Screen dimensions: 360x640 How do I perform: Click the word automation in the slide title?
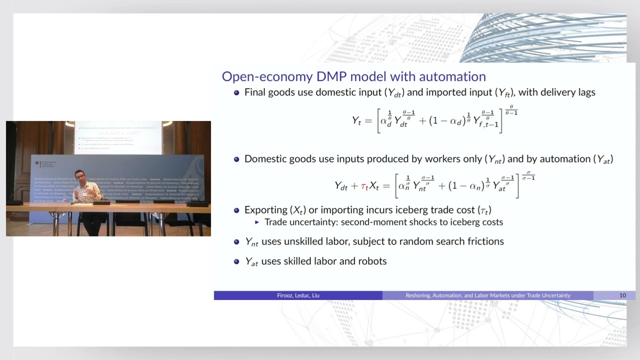pyautogui.click(x=452, y=76)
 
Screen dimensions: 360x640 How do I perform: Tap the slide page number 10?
pyautogui.click(x=622, y=295)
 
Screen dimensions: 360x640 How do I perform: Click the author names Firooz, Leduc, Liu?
pyautogui.click(x=298, y=295)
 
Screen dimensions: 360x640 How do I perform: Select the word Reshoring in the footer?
pyautogui.click(x=423, y=295)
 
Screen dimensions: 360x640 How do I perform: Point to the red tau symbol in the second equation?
pyautogui.click(x=364, y=186)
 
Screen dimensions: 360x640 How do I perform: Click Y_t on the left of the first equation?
pyautogui.click(x=356, y=120)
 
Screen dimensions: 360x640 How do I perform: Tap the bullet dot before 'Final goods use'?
pyautogui.click(x=237, y=92)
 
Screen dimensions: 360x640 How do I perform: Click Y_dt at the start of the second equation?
pyautogui.click(x=341, y=186)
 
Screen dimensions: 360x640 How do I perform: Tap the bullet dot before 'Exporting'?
pyautogui.click(x=237, y=210)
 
